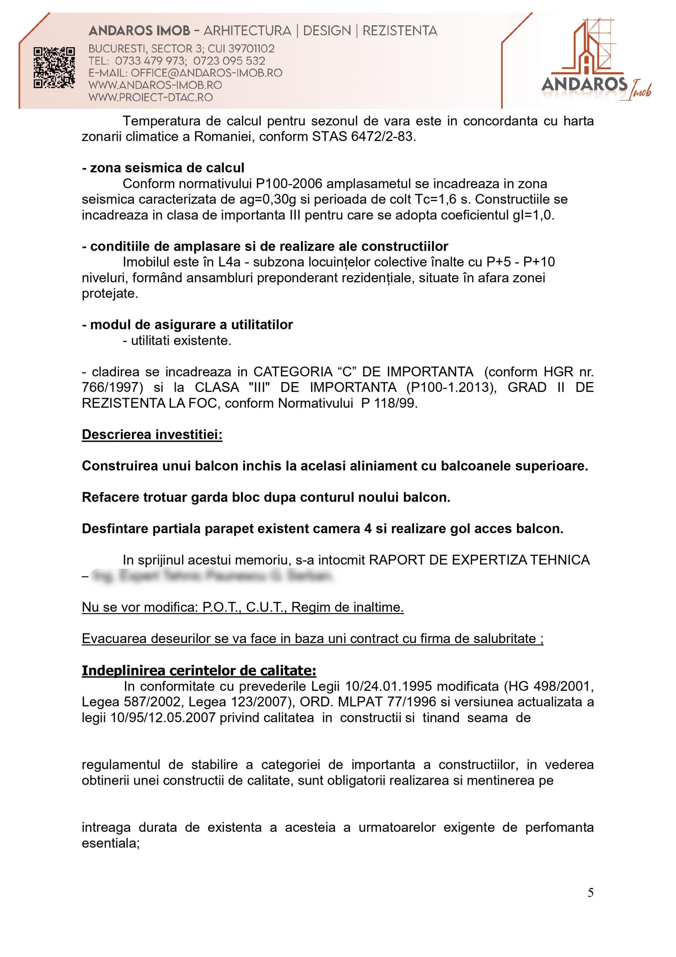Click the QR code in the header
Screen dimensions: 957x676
click(x=54, y=68)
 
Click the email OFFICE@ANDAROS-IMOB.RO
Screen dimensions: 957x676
click(x=206, y=73)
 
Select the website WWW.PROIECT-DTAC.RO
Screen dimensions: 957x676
click(x=151, y=98)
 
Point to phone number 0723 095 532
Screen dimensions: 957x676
click(x=229, y=61)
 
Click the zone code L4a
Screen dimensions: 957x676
click(x=228, y=262)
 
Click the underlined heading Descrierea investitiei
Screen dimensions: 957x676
click(x=152, y=434)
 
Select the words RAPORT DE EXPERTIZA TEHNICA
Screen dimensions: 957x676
click(x=479, y=560)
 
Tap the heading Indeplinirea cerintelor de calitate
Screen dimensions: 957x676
click(x=199, y=670)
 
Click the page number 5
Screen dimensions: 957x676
click(x=590, y=892)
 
